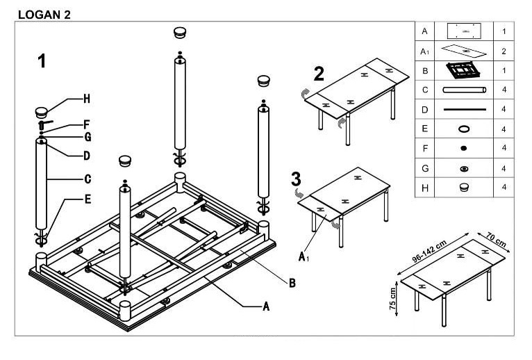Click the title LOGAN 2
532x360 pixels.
(x=44, y=15)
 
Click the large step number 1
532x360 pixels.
(x=42, y=61)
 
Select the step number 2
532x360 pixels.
(x=319, y=74)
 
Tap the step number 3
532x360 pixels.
(x=296, y=179)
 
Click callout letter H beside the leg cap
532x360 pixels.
(x=87, y=99)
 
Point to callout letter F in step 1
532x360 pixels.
(x=87, y=124)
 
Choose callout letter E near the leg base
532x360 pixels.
(x=88, y=199)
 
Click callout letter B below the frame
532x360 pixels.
(x=292, y=283)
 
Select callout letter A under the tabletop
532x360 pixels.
(x=266, y=306)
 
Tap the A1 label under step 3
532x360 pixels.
(x=304, y=256)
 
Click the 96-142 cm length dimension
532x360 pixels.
(x=429, y=252)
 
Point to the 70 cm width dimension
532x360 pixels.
(x=496, y=240)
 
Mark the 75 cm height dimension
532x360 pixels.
(x=392, y=299)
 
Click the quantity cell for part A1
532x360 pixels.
(x=504, y=51)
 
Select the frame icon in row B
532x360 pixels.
(x=463, y=70)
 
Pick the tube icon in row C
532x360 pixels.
(x=464, y=90)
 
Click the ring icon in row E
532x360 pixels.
(x=464, y=129)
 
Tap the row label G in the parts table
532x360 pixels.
(x=425, y=168)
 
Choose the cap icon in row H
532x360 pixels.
(x=464, y=187)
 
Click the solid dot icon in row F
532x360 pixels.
(x=464, y=148)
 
